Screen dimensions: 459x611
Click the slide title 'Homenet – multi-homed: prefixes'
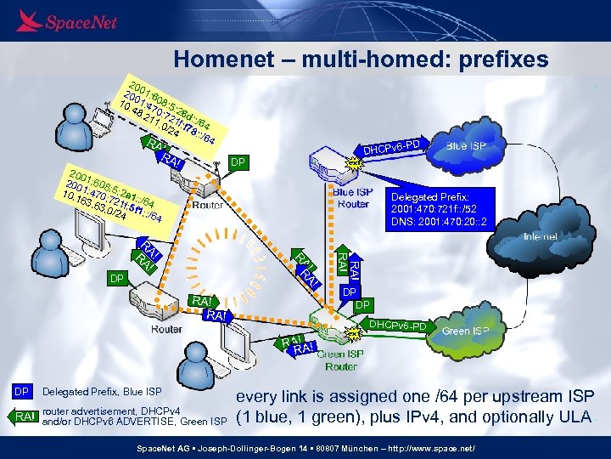coord(361,59)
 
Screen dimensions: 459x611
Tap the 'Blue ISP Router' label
coord(353,198)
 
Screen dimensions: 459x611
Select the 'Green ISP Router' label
coord(341,360)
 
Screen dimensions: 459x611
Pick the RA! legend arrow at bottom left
coord(25,416)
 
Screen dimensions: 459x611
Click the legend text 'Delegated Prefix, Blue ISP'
coord(102,392)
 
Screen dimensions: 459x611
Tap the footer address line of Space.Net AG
coord(305,447)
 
